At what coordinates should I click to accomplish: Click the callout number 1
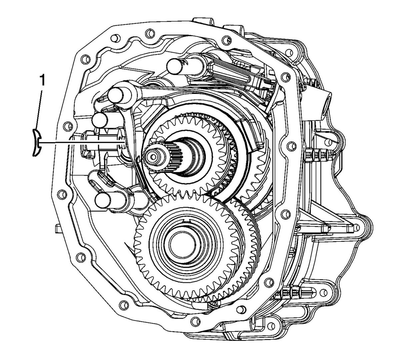tap(42, 81)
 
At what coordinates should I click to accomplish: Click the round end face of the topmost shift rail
tap(175, 67)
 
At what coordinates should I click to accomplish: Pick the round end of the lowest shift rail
tap(103, 200)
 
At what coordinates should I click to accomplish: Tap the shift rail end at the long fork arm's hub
tap(116, 95)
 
